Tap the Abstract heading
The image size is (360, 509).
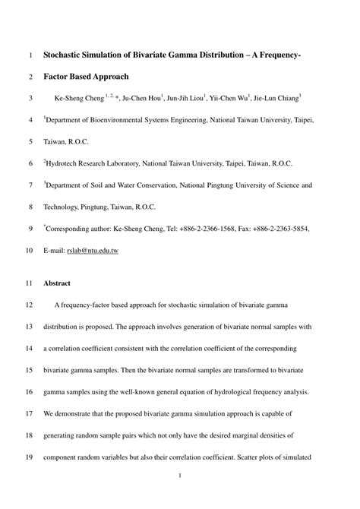pos(57,283)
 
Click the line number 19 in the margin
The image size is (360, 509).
pos(30,459)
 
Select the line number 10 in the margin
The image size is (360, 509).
pos(30,249)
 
